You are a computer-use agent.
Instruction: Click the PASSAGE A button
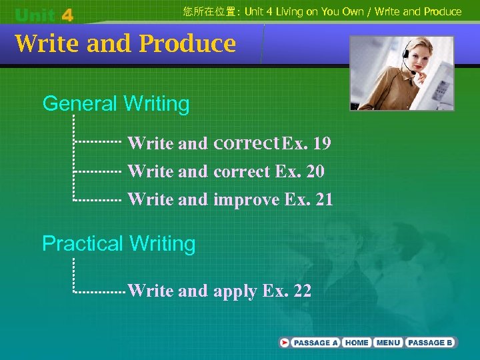click(x=316, y=343)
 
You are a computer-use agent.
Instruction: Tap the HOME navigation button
click(x=357, y=343)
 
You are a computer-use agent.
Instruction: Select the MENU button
click(x=388, y=343)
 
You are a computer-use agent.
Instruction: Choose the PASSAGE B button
click(x=430, y=343)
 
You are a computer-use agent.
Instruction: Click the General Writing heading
click(x=116, y=104)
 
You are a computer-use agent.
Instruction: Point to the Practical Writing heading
click(x=119, y=244)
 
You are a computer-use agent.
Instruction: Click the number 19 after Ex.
click(x=321, y=143)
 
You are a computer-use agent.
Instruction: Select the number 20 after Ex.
click(x=315, y=172)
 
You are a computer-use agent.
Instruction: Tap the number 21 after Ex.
click(x=323, y=199)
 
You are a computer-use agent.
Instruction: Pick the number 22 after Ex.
click(x=302, y=291)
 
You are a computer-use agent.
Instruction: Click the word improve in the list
click(x=246, y=199)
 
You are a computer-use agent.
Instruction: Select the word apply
click(x=235, y=291)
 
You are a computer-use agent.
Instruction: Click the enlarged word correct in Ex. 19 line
click(x=246, y=143)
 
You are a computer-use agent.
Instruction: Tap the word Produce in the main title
click(x=187, y=43)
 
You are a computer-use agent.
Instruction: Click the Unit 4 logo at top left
click(x=44, y=14)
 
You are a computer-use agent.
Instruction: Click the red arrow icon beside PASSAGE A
click(x=285, y=343)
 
